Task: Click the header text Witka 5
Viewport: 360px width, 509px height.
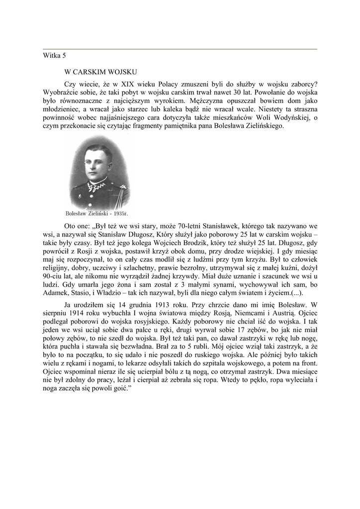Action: [54, 56]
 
